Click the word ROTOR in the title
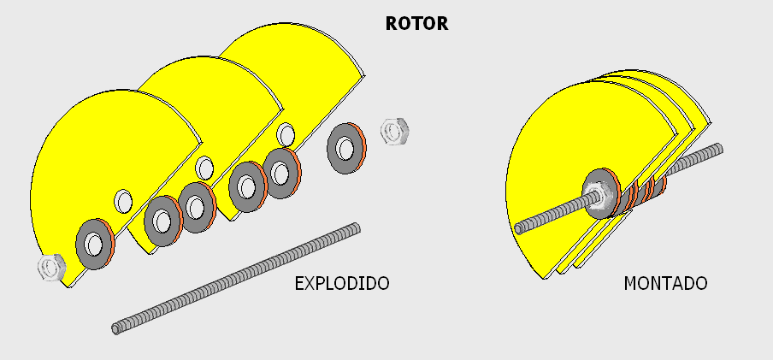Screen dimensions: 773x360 click(x=416, y=23)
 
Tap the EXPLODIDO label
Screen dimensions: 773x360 click(x=342, y=284)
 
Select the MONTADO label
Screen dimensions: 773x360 click(x=665, y=284)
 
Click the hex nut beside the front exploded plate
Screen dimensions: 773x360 click(x=52, y=268)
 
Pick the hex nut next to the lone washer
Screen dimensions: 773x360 click(x=394, y=131)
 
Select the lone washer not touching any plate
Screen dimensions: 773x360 click(x=346, y=148)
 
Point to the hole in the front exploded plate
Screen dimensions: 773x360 click(x=123, y=201)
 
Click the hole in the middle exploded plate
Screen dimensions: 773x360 click(x=204, y=168)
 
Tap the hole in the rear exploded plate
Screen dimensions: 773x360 click(x=286, y=134)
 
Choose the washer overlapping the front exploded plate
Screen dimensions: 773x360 click(x=95, y=244)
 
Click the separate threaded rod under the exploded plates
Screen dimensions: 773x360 click(x=236, y=279)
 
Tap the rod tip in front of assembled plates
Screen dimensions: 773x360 click(x=519, y=227)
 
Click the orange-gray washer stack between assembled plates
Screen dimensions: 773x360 click(x=640, y=192)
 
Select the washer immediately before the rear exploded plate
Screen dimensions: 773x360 click(x=282, y=174)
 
